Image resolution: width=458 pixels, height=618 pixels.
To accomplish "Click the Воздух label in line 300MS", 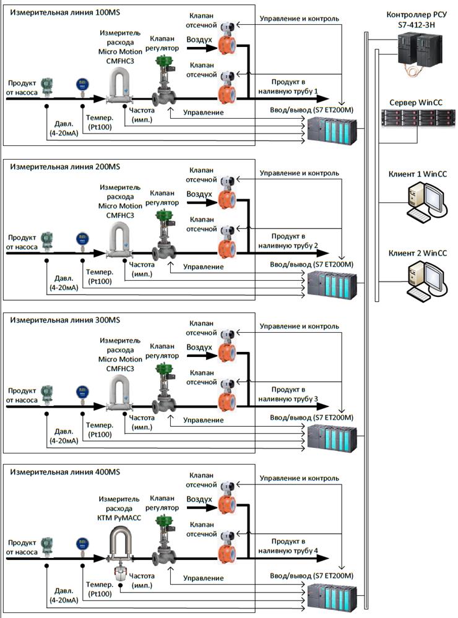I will tap(199, 348).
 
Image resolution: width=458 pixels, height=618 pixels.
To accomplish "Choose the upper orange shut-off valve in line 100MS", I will tap(227, 44).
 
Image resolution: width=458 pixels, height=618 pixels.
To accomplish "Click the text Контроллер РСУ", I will tap(414, 14).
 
